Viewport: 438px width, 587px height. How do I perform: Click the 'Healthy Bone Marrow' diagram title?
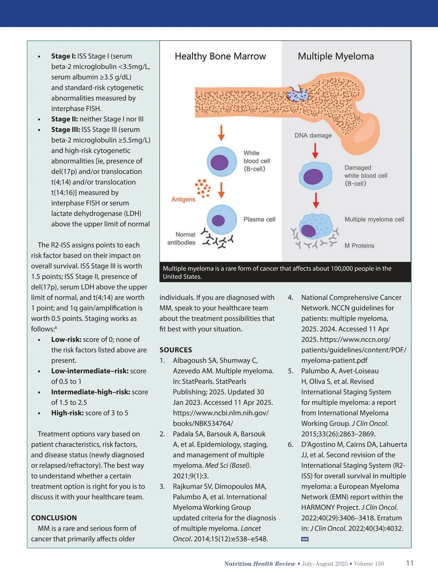coord(220,56)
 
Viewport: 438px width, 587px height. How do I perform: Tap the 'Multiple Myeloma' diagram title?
coord(336,56)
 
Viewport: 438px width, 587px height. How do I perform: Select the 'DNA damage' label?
coord(313,135)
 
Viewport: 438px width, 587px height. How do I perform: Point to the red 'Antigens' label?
coord(183,199)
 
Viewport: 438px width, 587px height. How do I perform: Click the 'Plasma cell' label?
coord(259,219)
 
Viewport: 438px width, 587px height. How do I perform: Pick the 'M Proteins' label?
coord(359,246)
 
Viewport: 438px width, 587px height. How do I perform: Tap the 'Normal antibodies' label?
coord(181,238)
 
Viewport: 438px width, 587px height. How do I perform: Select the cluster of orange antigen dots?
coord(203,188)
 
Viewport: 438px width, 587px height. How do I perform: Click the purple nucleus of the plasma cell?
coord(218,220)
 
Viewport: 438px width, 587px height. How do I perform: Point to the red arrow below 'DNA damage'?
coord(315,150)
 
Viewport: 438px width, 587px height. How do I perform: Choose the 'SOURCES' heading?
coord(176,350)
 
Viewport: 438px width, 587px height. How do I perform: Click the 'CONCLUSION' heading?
coord(54,518)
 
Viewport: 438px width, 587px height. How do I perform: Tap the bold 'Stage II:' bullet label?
coord(64,119)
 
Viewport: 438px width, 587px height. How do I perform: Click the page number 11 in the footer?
coord(410,563)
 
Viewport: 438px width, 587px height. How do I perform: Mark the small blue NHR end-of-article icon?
coord(305,539)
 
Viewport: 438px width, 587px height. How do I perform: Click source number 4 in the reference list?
coord(291,298)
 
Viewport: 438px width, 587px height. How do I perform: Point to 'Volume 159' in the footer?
coord(369,564)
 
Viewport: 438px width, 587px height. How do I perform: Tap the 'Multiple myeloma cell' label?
coord(374,219)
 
